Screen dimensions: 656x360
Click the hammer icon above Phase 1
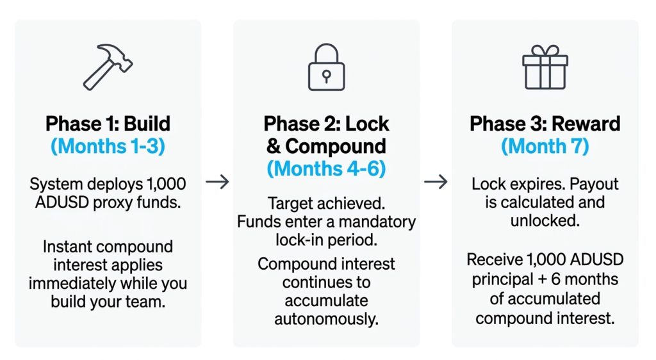coord(108,67)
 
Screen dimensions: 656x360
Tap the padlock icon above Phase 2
coord(326,67)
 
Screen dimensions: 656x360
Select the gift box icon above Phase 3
coord(545,67)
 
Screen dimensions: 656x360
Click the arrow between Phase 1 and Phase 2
coord(217,182)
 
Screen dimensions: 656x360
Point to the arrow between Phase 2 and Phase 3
coord(436,182)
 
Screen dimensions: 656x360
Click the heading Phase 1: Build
coord(108,124)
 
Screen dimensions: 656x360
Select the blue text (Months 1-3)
coord(108,146)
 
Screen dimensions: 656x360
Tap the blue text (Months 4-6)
coord(326,169)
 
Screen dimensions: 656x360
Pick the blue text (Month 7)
coord(545,146)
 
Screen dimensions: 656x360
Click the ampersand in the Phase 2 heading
coord(274,146)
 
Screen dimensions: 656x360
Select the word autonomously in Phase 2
coord(326,320)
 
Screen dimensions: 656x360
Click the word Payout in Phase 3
coord(594,184)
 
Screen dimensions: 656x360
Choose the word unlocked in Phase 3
coord(545,220)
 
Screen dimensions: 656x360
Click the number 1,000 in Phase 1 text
coord(166,184)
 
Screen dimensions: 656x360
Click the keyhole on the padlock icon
coord(326,76)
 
